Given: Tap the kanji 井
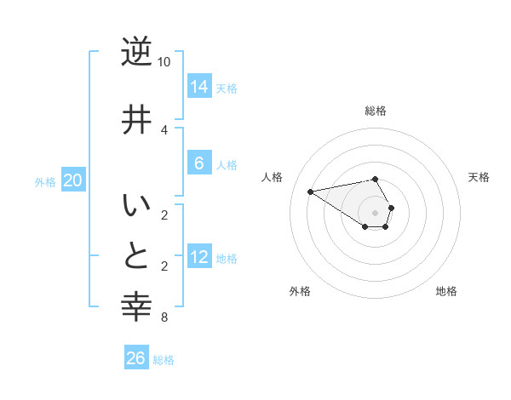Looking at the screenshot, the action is point(136,118).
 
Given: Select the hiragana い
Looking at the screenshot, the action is point(136,207).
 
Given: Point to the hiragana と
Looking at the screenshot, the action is point(136,254).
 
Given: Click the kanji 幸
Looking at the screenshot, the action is point(136,306).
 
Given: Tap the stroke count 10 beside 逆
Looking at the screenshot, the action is point(164,62).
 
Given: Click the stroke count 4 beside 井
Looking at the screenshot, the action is point(164,129).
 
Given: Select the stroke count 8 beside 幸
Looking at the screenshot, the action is point(164,318).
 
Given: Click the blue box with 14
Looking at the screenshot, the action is point(199,86).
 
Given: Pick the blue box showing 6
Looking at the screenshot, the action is point(199,163).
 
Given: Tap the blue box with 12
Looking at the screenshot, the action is point(199,256).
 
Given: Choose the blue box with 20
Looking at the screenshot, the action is point(73,180).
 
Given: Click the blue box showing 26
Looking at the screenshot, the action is point(136,358).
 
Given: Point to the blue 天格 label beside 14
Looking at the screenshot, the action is point(227,89).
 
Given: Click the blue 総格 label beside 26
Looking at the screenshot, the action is point(164,361).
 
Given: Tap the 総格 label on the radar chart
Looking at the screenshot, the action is point(376,111).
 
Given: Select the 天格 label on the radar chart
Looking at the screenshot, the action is point(479,177).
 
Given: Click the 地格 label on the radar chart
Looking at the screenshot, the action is point(446,291).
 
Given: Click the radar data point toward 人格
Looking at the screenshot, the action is point(310,191).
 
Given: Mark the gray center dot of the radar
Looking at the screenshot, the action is point(375,213).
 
